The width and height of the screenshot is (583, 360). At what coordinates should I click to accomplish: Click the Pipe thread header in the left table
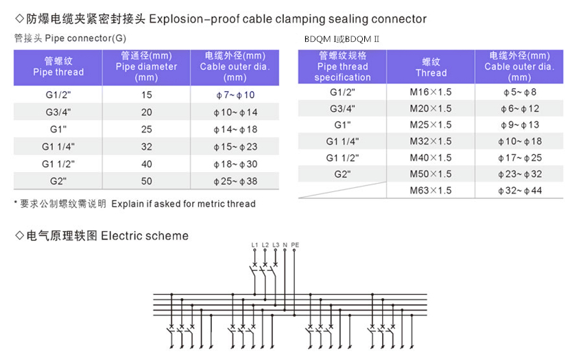tap(58, 67)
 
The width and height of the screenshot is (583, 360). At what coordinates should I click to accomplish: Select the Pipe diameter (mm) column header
tap(147, 67)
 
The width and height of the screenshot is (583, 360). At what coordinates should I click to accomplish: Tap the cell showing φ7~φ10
tap(235, 95)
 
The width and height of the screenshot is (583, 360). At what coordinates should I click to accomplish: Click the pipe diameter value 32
tap(147, 147)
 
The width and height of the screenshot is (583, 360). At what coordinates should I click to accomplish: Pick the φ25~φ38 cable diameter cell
tap(235, 181)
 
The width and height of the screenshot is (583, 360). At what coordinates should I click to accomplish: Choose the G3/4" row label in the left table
tap(58, 112)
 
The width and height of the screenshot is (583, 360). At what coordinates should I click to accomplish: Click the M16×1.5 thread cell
tap(431, 92)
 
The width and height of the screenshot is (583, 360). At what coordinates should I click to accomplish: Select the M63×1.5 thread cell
tap(431, 191)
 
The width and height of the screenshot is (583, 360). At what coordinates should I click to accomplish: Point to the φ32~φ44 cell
tap(520, 191)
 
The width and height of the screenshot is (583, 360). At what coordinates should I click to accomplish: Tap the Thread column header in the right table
tap(431, 67)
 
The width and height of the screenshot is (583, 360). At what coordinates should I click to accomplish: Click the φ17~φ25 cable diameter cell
tap(520, 158)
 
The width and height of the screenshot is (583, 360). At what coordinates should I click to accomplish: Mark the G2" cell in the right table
tap(342, 174)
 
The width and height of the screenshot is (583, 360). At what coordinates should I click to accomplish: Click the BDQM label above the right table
tap(342, 39)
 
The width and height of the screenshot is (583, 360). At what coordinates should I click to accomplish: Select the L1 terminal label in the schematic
tap(254, 245)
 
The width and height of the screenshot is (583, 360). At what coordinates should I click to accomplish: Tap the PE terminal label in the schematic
tap(295, 245)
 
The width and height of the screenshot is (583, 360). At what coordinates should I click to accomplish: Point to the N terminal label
tap(285, 245)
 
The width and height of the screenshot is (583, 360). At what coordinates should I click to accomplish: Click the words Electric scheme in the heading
tap(145, 236)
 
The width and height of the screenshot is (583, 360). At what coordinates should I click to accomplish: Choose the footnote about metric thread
tap(135, 204)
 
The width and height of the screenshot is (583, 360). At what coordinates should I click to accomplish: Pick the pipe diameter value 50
tap(147, 181)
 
